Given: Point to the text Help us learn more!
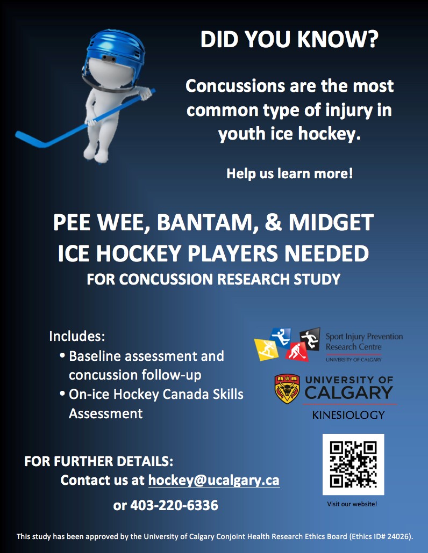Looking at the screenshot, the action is pyautogui.click(x=290, y=173).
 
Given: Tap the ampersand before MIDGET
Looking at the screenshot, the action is pyautogui.click(x=273, y=222).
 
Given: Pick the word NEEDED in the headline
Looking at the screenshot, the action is pyautogui.click(x=327, y=253).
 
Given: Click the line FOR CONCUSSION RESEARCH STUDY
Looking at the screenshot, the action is pyautogui.click(x=213, y=279).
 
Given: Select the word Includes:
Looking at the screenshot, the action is pyautogui.click(x=77, y=336).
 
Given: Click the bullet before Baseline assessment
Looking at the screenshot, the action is pyautogui.click(x=62, y=355).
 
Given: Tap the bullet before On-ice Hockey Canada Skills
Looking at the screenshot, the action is pyautogui.click(x=62, y=393).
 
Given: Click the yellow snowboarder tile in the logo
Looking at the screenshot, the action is pyautogui.click(x=266, y=350).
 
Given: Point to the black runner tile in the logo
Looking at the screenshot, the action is pyautogui.click(x=310, y=339).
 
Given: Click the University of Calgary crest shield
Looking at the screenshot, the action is pyautogui.click(x=287, y=389).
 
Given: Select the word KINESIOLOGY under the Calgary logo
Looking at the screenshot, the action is pyautogui.click(x=348, y=415).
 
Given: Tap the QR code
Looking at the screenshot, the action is pyautogui.click(x=353, y=464).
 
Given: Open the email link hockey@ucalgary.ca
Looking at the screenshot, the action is pyautogui.click(x=214, y=481).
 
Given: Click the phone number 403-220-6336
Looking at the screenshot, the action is pyautogui.click(x=174, y=505).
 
